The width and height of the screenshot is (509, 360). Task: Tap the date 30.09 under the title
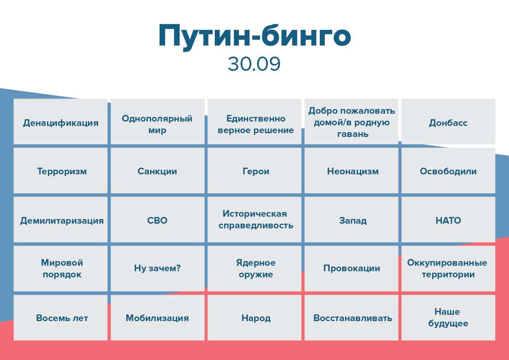254,64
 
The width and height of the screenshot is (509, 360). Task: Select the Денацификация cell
60,121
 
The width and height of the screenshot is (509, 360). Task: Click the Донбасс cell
448,121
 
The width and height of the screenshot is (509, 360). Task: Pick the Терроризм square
60,171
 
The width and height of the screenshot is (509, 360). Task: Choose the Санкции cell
157,171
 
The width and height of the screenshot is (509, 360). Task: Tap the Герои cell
254,171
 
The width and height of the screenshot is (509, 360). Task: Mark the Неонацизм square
352,171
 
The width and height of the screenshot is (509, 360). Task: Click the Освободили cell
448,171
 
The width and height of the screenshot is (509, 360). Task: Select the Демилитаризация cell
60,220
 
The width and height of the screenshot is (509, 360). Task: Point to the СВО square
157,220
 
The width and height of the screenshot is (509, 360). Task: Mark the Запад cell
352,220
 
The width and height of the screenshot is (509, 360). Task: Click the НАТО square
448,220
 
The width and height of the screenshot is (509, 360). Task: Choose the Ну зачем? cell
157,269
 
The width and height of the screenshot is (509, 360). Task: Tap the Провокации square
352,269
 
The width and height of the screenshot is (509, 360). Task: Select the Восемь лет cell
60,317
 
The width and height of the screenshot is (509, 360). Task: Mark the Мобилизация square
157,317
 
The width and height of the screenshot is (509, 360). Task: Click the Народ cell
254,317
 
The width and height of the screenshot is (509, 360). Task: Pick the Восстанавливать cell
352,317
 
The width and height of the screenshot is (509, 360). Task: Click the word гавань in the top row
353,134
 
